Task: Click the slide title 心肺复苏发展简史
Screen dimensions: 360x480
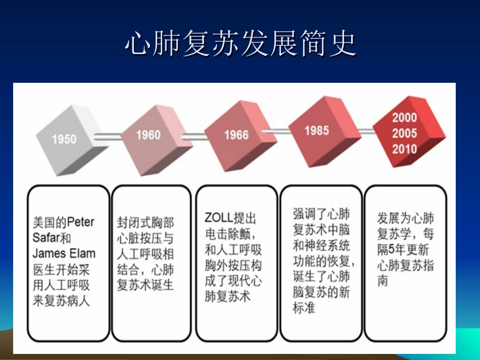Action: click(x=240, y=44)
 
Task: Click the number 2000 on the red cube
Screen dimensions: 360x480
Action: click(x=404, y=118)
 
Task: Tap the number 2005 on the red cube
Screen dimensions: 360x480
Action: click(x=404, y=133)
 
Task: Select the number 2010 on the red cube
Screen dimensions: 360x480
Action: click(x=404, y=149)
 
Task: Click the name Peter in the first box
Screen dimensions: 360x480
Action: click(x=81, y=222)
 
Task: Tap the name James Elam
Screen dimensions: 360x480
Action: click(x=64, y=253)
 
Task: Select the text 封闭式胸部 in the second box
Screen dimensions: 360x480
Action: click(x=146, y=222)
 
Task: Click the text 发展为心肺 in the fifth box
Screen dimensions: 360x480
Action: click(x=405, y=219)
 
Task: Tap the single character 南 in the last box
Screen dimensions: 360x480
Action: click(x=382, y=281)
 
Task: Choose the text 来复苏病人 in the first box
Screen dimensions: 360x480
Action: click(x=61, y=301)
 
